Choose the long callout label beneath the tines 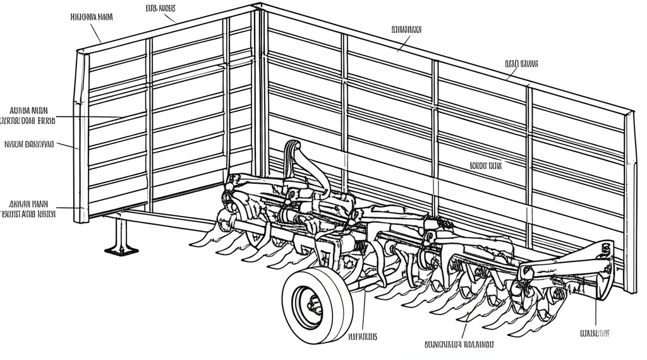[x=459, y=345]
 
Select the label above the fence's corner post [x=160, y=8]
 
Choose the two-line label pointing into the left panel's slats [x=28, y=114]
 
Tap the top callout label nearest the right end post [x=521, y=63]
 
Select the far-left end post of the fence [x=81, y=136]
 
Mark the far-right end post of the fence [x=629, y=202]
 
